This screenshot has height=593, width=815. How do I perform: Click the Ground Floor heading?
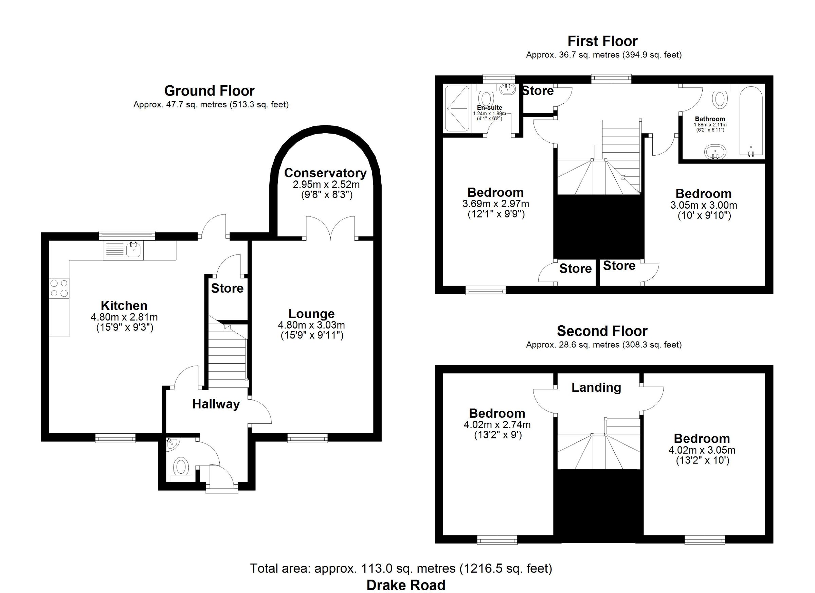click(x=209, y=91)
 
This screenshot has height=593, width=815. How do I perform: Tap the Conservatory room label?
click(x=325, y=173)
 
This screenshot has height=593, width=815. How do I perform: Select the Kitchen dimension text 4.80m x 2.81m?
click(x=124, y=317)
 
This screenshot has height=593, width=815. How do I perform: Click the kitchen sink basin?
click(x=134, y=250)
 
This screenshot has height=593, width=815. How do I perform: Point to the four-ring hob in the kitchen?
click(x=59, y=288)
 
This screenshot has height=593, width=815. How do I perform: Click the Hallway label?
click(x=216, y=404)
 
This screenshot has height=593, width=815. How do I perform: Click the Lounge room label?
click(x=311, y=314)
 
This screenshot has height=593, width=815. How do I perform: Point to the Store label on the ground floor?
click(x=227, y=289)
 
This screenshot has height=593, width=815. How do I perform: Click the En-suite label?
click(x=489, y=107)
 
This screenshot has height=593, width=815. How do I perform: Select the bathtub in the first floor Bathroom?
click(x=751, y=121)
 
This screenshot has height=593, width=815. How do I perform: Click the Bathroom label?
click(x=710, y=119)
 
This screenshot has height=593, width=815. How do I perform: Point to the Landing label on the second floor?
click(x=596, y=387)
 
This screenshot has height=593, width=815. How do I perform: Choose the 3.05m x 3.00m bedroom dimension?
click(x=704, y=205)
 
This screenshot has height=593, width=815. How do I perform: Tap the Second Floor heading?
click(x=602, y=331)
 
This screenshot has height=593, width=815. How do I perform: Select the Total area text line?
click(x=401, y=569)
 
